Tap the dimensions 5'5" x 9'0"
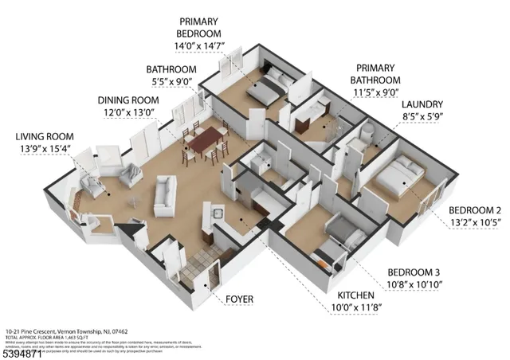pos(171,80)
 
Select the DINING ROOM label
pos(127,100)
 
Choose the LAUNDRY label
pos(422,104)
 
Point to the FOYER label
pos(239,299)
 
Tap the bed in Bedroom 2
pos(395,177)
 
